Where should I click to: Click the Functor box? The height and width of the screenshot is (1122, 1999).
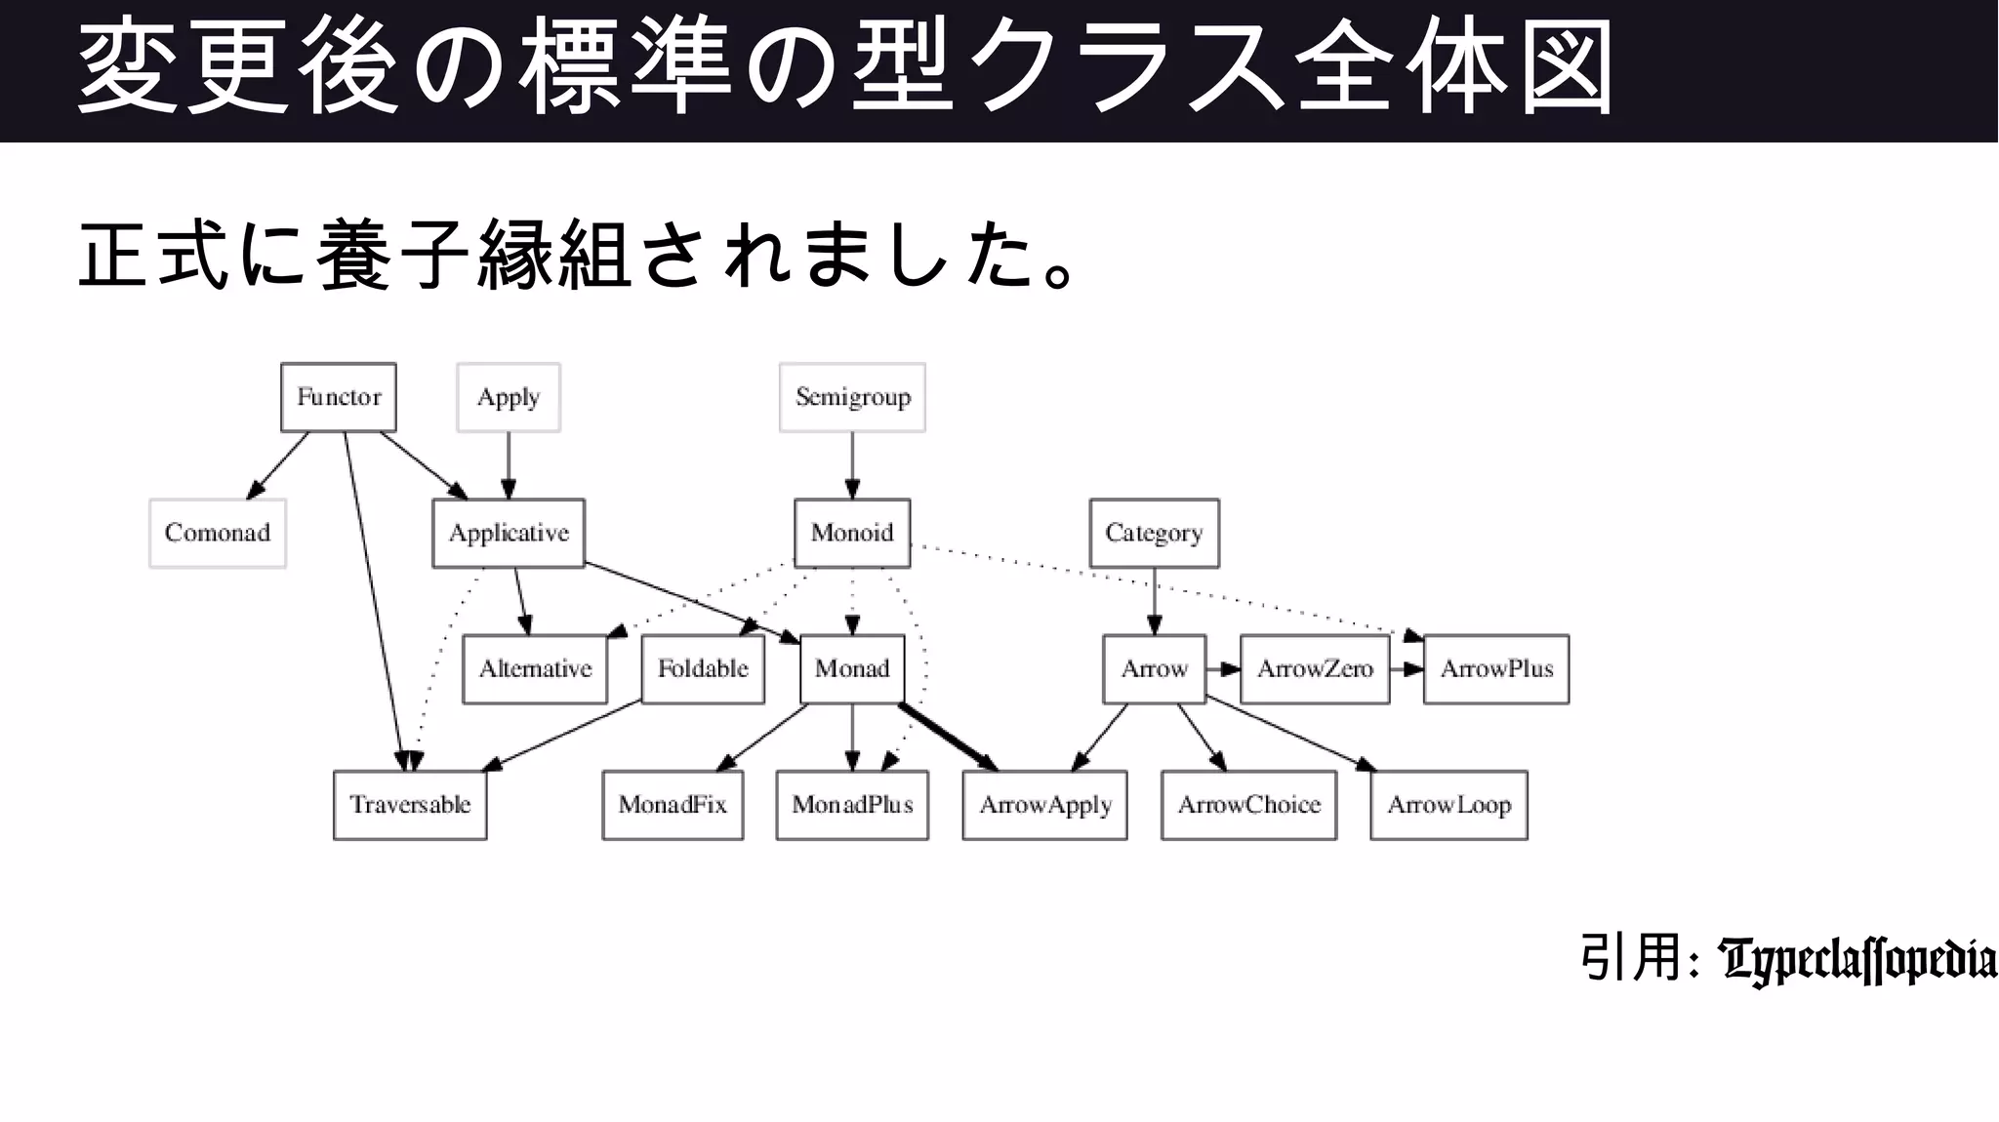coord(339,397)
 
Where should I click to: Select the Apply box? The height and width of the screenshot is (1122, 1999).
coord(509,397)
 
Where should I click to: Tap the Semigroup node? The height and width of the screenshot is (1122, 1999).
coord(852,397)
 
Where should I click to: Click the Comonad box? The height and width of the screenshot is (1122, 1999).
coord(218,533)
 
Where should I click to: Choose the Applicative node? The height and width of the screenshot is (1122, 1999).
coord(509,533)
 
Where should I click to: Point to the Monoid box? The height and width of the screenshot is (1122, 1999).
coord(852,533)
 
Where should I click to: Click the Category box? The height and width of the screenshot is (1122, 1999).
coord(1154,533)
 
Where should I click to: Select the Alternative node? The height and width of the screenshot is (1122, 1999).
coord(535,669)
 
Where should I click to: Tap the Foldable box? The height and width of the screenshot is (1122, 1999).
coord(703,669)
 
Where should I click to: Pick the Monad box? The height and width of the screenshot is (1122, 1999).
coord(852,669)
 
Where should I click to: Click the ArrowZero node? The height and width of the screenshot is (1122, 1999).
coord(1315,669)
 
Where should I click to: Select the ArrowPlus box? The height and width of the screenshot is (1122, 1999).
coord(1496,669)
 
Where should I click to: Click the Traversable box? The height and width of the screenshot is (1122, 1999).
coord(410,805)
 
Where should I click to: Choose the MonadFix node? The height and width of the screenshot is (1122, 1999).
coord(673,805)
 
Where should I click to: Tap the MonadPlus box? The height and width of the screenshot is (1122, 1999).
coord(852,805)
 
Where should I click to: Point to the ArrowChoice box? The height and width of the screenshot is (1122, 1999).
coord(1248,805)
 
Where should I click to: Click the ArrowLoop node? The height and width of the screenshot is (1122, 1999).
coord(1448,805)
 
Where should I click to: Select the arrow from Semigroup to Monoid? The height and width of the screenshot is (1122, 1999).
coord(852,464)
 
